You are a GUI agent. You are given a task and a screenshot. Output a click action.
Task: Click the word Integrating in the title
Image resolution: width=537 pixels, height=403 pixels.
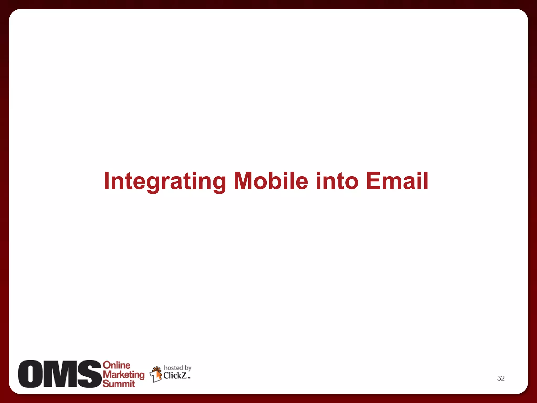(165, 181)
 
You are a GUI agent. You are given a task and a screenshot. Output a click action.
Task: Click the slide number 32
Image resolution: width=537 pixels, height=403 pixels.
(501, 378)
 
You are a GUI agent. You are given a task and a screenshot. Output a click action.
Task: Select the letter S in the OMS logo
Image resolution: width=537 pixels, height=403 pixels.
(89, 374)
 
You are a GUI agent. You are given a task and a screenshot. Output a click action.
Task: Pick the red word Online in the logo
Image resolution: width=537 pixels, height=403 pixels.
(116, 365)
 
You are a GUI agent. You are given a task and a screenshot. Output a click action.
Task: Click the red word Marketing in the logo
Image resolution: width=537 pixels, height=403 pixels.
(123, 375)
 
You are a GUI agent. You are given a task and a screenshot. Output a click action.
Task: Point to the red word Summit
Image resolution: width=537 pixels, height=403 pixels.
(119, 384)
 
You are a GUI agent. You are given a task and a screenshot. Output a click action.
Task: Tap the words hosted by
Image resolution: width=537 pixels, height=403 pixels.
(178, 368)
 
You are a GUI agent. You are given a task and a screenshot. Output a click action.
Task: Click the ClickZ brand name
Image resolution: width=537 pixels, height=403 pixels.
(175, 375)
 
